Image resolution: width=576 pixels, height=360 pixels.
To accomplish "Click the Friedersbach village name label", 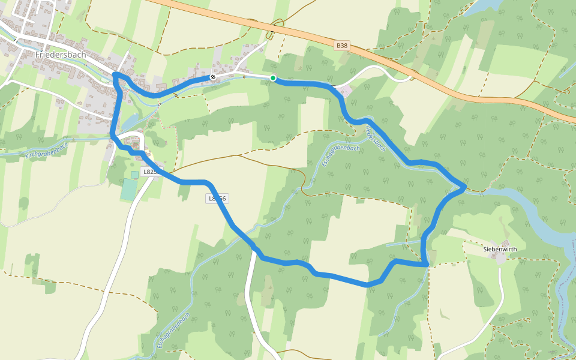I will [x=61, y=55].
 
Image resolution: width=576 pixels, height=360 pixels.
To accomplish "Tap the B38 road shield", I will [x=342, y=45].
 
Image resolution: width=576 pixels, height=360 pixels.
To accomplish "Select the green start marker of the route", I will [x=273, y=78].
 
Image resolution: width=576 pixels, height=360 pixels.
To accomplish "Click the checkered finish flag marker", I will [x=212, y=77].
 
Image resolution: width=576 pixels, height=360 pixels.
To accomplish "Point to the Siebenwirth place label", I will [x=500, y=248].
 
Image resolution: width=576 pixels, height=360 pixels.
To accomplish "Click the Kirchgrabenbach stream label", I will [x=47, y=150].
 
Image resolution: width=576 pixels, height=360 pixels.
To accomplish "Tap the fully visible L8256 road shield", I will [x=217, y=198].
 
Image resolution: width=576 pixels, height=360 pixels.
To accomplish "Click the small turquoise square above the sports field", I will [x=134, y=175].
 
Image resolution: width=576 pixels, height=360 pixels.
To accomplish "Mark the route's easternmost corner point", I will [x=464, y=187].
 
